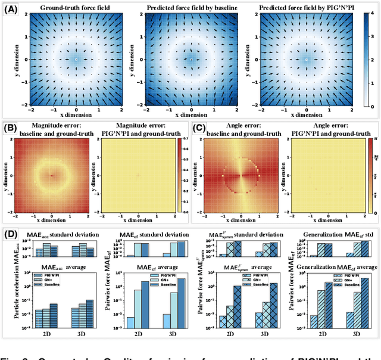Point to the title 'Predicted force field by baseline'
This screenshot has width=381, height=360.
[191, 8]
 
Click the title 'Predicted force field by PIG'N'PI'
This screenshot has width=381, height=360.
[306, 8]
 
